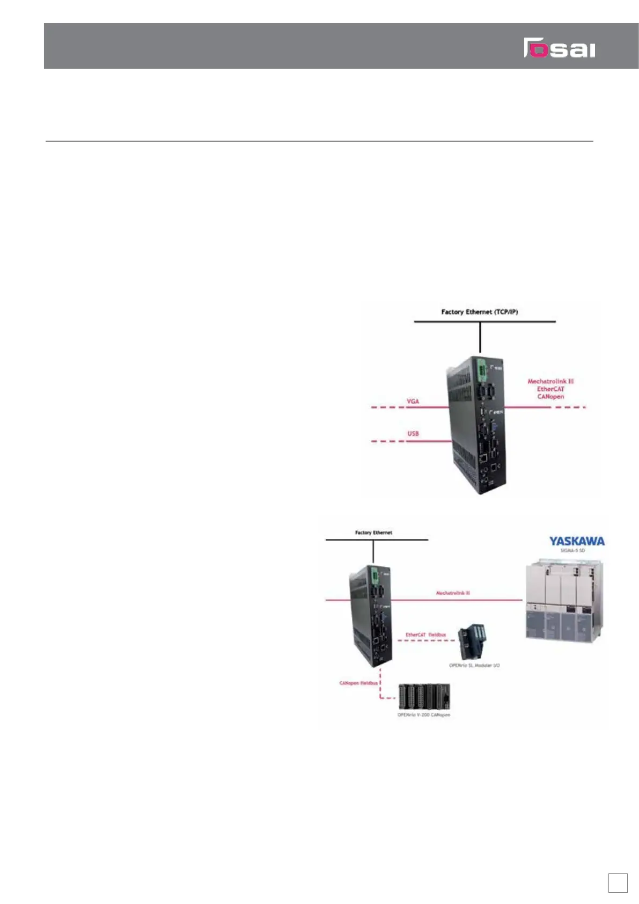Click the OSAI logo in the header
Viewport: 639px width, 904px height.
point(559,48)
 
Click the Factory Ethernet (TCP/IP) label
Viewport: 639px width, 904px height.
point(480,311)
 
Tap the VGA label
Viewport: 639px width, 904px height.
point(413,401)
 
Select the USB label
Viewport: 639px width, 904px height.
point(413,433)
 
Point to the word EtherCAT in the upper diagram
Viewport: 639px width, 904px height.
point(550,389)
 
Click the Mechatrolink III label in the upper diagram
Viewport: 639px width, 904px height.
point(550,381)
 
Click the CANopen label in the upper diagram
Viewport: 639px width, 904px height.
point(550,396)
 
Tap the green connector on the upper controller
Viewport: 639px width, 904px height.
point(481,369)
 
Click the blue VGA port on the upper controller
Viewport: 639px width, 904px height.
point(494,427)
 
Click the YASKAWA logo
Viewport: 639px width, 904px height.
point(576,541)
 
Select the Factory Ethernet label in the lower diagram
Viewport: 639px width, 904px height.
point(373,533)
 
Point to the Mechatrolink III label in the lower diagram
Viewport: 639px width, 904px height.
point(453,593)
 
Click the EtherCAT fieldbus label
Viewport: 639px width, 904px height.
point(425,635)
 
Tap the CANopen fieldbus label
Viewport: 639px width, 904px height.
point(358,683)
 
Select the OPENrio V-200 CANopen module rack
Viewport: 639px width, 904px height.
point(424,697)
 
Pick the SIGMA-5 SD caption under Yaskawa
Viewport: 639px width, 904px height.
point(576,550)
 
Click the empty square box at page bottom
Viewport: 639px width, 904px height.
point(618,883)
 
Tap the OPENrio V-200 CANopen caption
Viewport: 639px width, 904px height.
point(423,715)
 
